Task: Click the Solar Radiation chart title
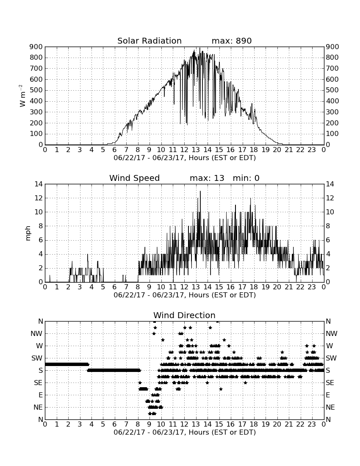click(150, 41)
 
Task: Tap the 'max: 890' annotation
click(232, 41)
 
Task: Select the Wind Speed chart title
click(135, 178)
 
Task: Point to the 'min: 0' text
click(246, 178)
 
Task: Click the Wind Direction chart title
click(185, 315)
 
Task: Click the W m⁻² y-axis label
click(22, 96)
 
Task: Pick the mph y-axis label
click(28, 233)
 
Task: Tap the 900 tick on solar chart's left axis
click(36, 47)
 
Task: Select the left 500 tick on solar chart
click(36, 90)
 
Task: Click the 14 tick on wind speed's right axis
click(330, 184)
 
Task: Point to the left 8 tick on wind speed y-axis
click(41, 226)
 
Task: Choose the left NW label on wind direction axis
click(36, 334)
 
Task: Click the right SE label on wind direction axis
click(330, 383)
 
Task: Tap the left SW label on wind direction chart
click(37, 358)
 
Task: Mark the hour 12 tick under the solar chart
click(184, 150)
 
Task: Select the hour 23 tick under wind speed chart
click(312, 287)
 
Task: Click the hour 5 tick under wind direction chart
click(103, 424)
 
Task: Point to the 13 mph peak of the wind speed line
click(200, 191)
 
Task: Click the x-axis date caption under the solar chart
click(185, 158)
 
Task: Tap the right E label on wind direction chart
click(328, 395)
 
